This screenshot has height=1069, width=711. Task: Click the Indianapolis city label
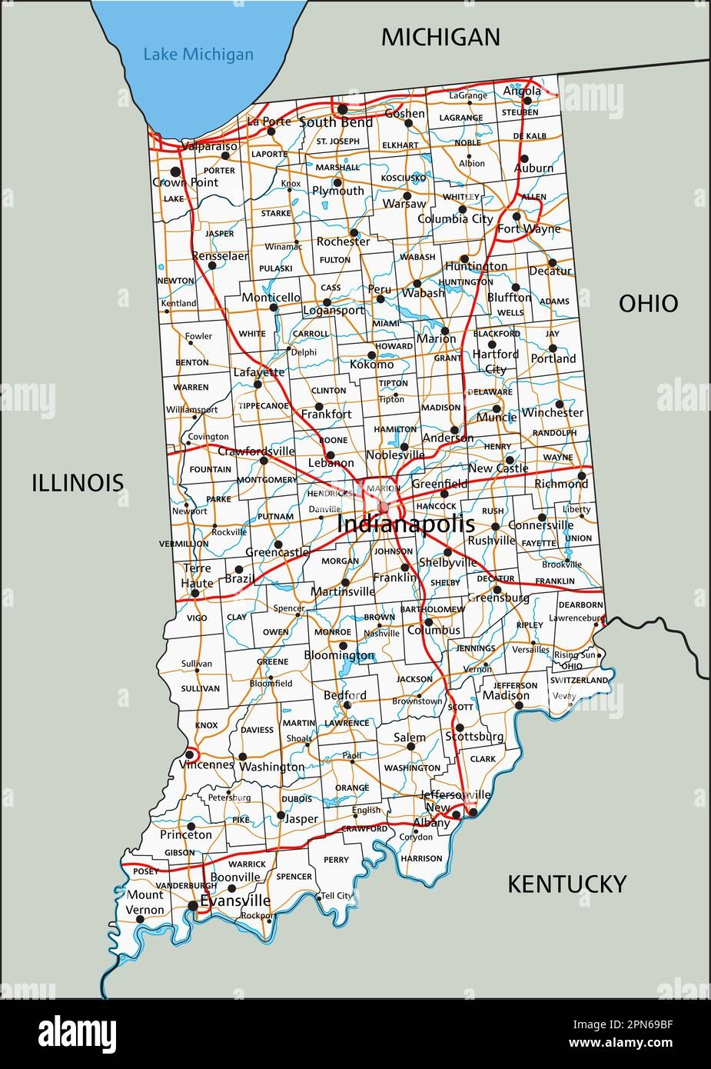pyautogui.click(x=405, y=525)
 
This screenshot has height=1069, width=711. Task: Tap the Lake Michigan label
pyautogui.click(x=198, y=55)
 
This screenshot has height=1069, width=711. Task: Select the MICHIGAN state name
pyautogui.click(x=440, y=36)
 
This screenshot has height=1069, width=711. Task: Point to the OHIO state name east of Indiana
pyautogui.click(x=648, y=303)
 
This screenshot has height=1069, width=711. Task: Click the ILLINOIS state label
pyautogui.click(x=78, y=482)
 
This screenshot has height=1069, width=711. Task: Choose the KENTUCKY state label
pyautogui.click(x=566, y=884)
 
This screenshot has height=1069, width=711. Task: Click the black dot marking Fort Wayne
pyautogui.click(x=517, y=215)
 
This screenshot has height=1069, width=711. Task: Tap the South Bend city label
pyautogui.click(x=336, y=122)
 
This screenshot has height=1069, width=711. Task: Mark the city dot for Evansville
pyautogui.click(x=191, y=906)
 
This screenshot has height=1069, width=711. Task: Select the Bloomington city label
pyautogui.click(x=339, y=656)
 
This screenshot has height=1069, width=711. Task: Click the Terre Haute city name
pyautogui.click(x=197, y=576)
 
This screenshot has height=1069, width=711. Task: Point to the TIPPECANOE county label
pyautogui.click(x=264, y=405)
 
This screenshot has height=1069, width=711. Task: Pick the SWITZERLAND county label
pyautogui.click(x=579, y=681)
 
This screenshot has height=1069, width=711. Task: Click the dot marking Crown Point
pyautogui.click(x=175, y=171)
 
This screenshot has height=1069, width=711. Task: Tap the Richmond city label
pyautogui.click(x=560, y=484)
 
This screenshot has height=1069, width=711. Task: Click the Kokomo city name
pyautogui.click(x=371, y=365)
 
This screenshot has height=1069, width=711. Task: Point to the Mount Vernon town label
pyautogui.click(x=145, y=902)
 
